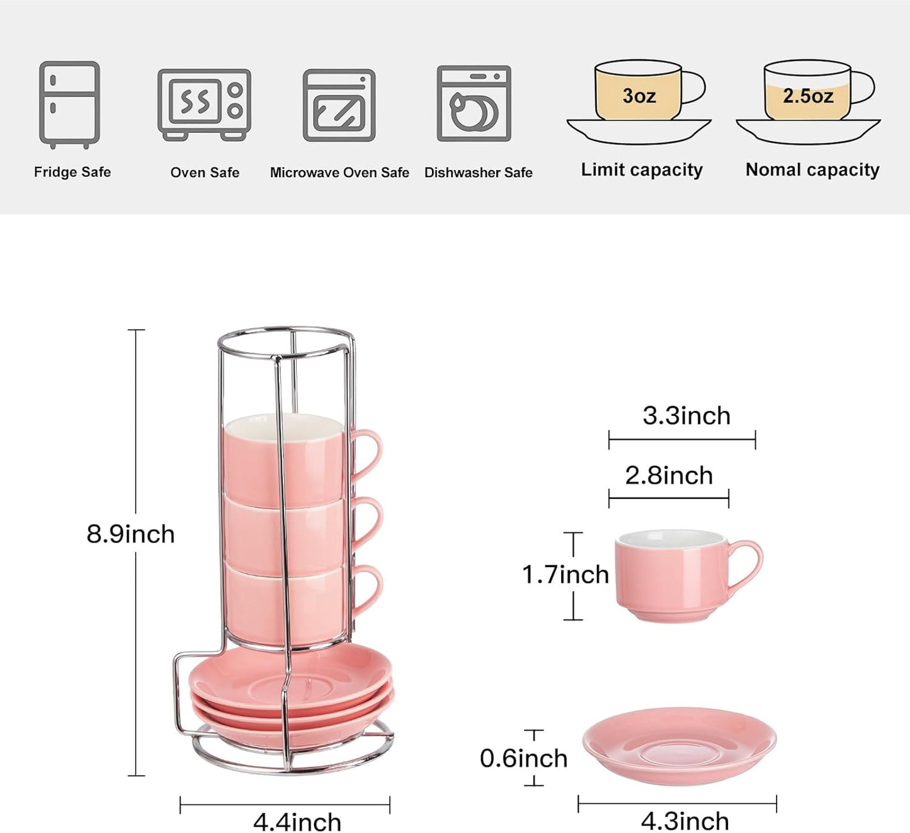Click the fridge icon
coord(69,104)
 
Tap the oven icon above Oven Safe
coord(204,104)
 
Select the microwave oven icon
coord(339,105)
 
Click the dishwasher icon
coord(474,104)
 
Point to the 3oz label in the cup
coord(639,96)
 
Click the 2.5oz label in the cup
coord(808,96)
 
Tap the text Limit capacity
coord(641,170)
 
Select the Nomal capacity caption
coord(812,170)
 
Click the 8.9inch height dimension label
coord(130,534)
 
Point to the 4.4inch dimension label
coord(297,821)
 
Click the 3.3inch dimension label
coord(686,416)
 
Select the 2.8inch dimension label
coord(669,476)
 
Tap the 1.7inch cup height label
coord(565,575)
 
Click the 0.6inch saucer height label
coord(523,758)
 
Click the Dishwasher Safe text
coord(478,173)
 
